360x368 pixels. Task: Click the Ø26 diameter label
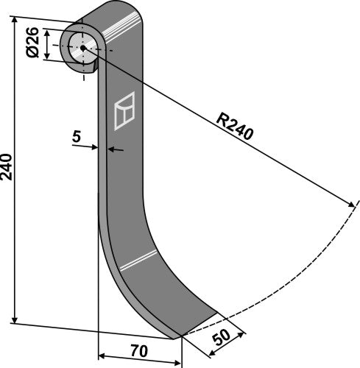pos(33,42)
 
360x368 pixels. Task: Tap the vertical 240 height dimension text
pos(7,167)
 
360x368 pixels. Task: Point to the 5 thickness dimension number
pos(77,137)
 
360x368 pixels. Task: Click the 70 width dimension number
pos(139,351)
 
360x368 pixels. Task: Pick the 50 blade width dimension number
pos(221,338)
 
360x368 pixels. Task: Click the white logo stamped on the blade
pos(124,111)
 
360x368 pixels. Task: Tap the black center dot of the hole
pos(83,48)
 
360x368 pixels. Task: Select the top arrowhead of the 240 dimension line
pos(15,21)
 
